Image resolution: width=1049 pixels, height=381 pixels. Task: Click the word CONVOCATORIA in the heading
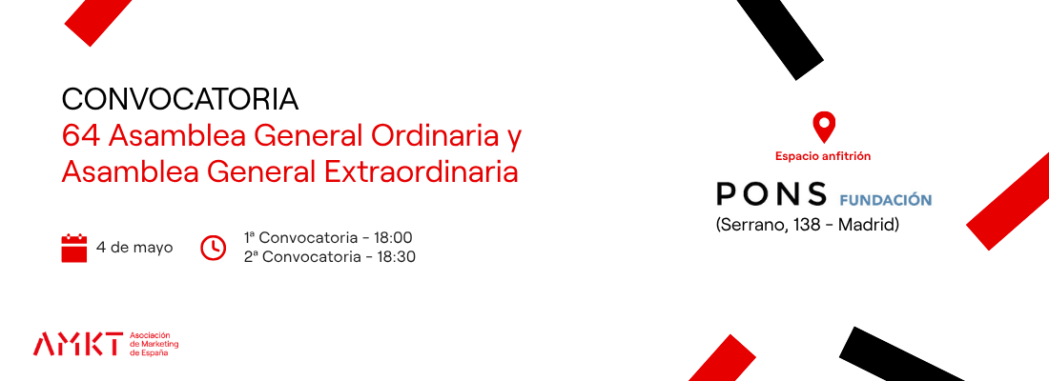click(x=180, y=100)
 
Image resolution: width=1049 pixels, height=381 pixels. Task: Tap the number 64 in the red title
click(x=80, y=136)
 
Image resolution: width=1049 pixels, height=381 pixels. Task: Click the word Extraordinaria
click(x=422, y=171)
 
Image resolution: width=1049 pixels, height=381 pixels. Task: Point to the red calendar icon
click(x=74, y=248)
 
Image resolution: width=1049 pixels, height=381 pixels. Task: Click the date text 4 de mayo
click(x=134, y=248)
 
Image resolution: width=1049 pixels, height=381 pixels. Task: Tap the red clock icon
click(x=214, y=248)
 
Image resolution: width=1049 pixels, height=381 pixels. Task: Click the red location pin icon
click(x=824, y=127)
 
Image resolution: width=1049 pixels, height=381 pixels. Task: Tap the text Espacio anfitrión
click(x=823, y=156)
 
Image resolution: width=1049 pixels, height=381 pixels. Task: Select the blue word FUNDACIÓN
click(x=886, y=200)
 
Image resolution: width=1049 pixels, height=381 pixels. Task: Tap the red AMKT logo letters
click(x=78, y=344)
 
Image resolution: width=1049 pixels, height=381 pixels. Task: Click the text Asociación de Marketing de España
click(x=154, y=344)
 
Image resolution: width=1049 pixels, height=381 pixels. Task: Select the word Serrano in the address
click(x=752, y=226)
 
